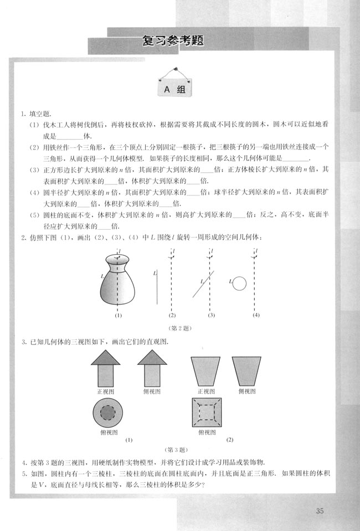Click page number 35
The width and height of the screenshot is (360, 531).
click(x=320, y=511)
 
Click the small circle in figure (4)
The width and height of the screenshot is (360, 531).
click(x=239, y=283)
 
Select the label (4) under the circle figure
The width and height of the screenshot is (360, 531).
click(x=255, y=316)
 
